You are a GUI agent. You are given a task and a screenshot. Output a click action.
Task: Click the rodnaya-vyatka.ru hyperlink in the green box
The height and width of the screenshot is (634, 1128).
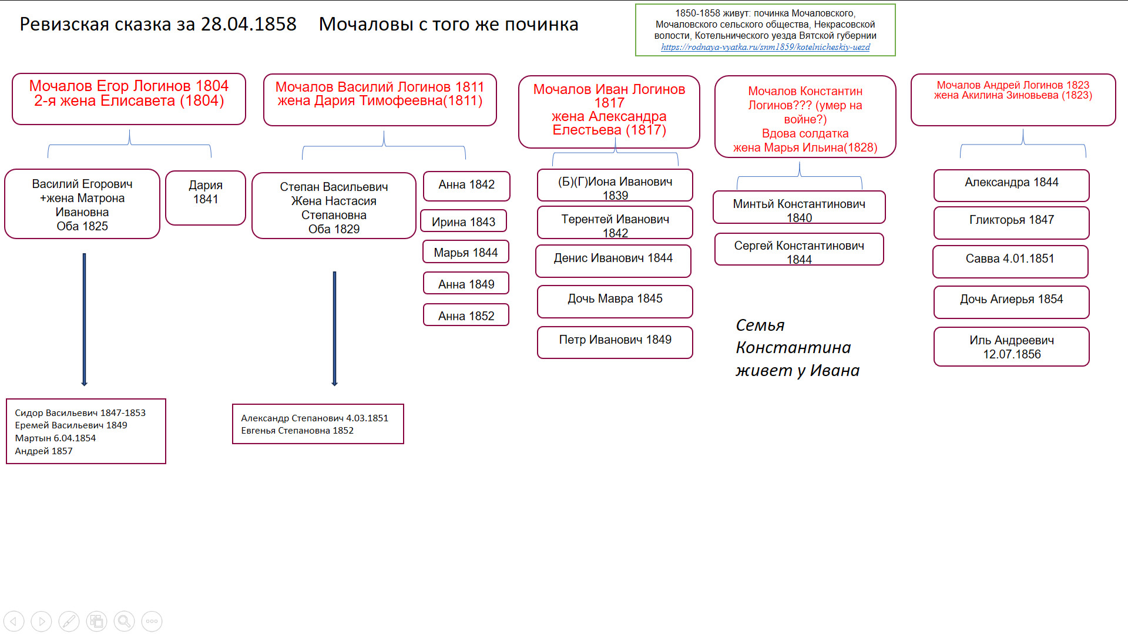765,47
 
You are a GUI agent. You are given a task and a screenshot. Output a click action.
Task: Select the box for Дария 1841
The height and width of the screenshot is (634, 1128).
206,198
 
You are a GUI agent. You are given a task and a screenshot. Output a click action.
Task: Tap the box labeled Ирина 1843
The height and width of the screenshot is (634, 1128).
464,222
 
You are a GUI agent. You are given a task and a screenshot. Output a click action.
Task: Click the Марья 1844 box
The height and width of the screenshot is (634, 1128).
465,252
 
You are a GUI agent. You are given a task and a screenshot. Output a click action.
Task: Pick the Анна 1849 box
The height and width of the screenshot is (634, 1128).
466,284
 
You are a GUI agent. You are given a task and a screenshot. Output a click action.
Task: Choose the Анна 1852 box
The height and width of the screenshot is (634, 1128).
466,316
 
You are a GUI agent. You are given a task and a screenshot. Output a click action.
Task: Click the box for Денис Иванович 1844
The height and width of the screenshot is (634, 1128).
613,260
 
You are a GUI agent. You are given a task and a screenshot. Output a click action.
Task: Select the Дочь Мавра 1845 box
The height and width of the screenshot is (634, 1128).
615,301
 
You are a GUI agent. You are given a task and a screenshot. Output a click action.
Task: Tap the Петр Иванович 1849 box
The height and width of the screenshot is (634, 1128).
615,342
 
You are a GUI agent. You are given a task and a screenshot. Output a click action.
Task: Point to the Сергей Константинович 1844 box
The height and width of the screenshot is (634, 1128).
799,250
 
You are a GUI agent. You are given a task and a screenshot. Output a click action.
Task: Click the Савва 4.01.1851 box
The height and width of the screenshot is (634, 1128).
1010,261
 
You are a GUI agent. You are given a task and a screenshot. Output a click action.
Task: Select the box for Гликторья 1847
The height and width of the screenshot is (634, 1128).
1011,222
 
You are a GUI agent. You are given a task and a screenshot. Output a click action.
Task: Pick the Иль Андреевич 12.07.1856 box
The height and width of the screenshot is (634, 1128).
1011,347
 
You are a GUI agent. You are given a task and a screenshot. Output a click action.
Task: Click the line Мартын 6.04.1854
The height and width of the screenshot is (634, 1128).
55,438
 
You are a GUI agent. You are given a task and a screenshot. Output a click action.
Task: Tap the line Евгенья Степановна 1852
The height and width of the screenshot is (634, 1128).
297,430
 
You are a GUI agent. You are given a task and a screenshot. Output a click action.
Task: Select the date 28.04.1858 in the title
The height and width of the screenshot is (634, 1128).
249,24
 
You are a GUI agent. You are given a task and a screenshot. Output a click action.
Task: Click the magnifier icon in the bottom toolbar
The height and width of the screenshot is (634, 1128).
124,621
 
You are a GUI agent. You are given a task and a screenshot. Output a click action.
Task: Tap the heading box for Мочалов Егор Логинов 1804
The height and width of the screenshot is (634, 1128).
129,98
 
